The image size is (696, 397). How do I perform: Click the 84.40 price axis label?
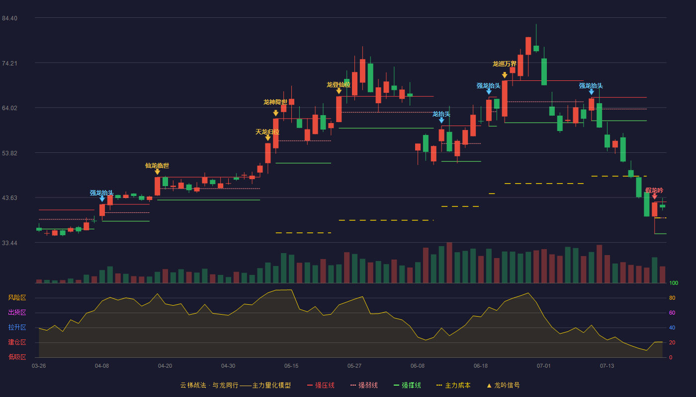click(9, 18)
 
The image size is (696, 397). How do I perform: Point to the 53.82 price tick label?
click(9, 153)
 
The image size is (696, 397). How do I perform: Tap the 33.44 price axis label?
click(9, 243)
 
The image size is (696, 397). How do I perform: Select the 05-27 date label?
click(354, 366)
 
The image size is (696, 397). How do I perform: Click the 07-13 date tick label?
click(607, 366)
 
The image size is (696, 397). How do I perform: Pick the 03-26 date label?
click(39, 366)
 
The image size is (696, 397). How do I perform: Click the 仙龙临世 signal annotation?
click(157, 166)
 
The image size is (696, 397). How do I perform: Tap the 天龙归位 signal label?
click(267, 132)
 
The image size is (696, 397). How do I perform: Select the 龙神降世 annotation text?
click(275, 102)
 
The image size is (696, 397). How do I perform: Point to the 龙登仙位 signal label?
click(339, 85)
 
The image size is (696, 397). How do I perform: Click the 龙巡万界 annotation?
click(504, 64)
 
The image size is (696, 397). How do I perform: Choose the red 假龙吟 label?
click(654, 191)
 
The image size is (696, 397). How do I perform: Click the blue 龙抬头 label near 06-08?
click(441, 114)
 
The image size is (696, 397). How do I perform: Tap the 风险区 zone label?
click(17, 298)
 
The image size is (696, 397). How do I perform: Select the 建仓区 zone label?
click(17, 342)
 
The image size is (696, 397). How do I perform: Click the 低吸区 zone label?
click(17, 357)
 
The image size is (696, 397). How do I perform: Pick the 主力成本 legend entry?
click(453, 385)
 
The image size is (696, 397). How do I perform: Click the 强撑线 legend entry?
click(407, 385)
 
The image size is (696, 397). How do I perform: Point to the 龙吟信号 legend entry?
click(503, 385)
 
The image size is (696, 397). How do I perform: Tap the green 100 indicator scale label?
click(674, 283)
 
